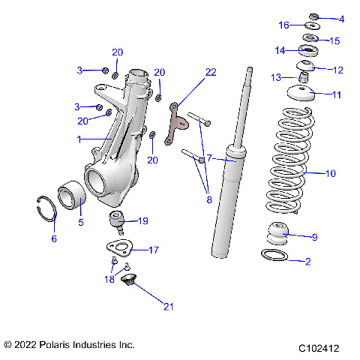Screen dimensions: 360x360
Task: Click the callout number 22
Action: (x=211, y=72)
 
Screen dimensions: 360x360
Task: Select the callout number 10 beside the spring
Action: (x=331, y=173)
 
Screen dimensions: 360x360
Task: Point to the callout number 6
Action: (x=53, y=238)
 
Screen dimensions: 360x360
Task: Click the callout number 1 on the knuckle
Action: (x=79, y=139)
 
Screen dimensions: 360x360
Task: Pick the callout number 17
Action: (x=153, y=250)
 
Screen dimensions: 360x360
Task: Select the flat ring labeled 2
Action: (x=275, y=256)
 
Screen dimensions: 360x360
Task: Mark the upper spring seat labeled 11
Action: (x=298, y=94)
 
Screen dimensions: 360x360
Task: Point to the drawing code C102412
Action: (x=318, y=348)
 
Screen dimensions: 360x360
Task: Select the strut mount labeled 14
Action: (x=306, y=52)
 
